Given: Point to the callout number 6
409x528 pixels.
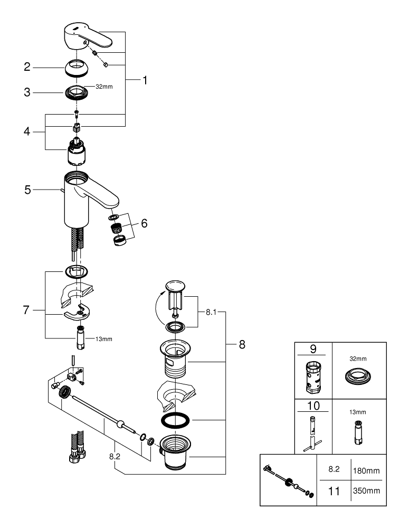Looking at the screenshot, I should (x=144, y=223).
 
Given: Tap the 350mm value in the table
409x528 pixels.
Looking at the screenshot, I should (x=366, y=491).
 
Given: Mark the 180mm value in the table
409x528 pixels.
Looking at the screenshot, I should (x=366, y=469).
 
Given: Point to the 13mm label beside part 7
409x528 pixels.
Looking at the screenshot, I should (x=104, y=339).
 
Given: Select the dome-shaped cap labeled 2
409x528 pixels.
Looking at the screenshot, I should (x=77, y=68).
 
